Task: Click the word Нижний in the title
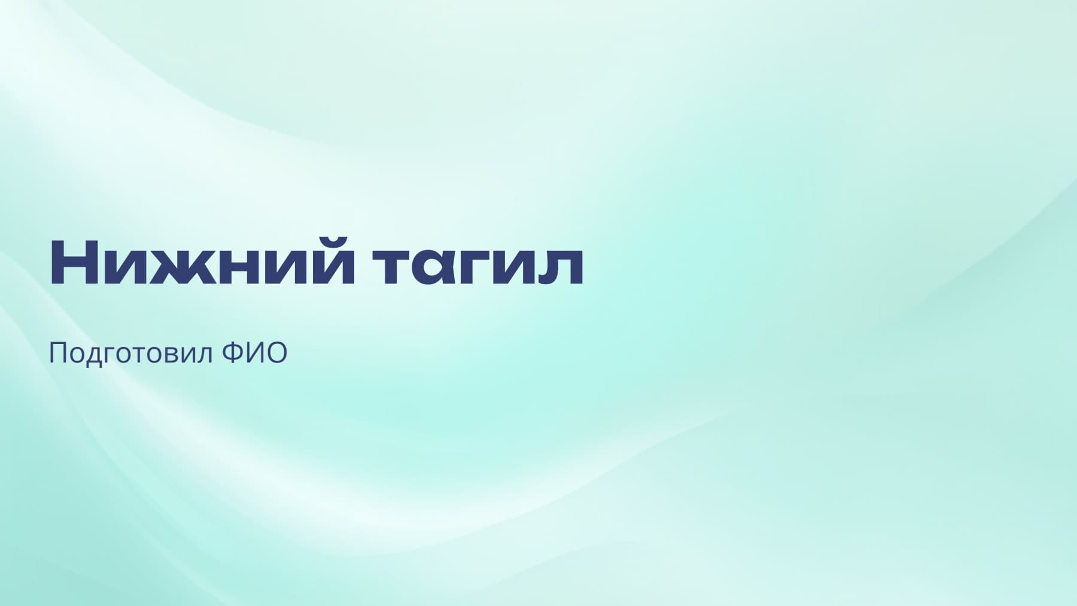198,263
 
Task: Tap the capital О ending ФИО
276,353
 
